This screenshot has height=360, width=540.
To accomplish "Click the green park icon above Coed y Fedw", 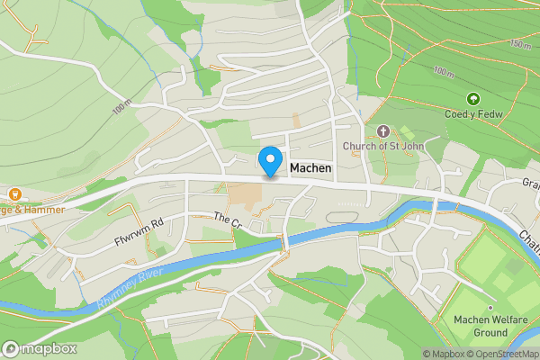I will click(x=472, y=98).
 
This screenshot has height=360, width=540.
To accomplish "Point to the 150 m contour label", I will click(x=519, y=43).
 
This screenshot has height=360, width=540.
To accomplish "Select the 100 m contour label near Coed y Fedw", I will click(x=443, y=71).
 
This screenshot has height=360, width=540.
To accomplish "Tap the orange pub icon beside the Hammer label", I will click(x=13, y=193).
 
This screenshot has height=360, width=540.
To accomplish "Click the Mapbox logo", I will click(x=40, y=348).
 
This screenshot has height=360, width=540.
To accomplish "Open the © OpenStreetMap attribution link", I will click(x=502, y=354).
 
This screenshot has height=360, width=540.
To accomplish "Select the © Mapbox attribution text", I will click(x=443, y=354).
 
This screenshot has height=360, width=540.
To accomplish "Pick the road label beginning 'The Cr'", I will click(x=228, y=219).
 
